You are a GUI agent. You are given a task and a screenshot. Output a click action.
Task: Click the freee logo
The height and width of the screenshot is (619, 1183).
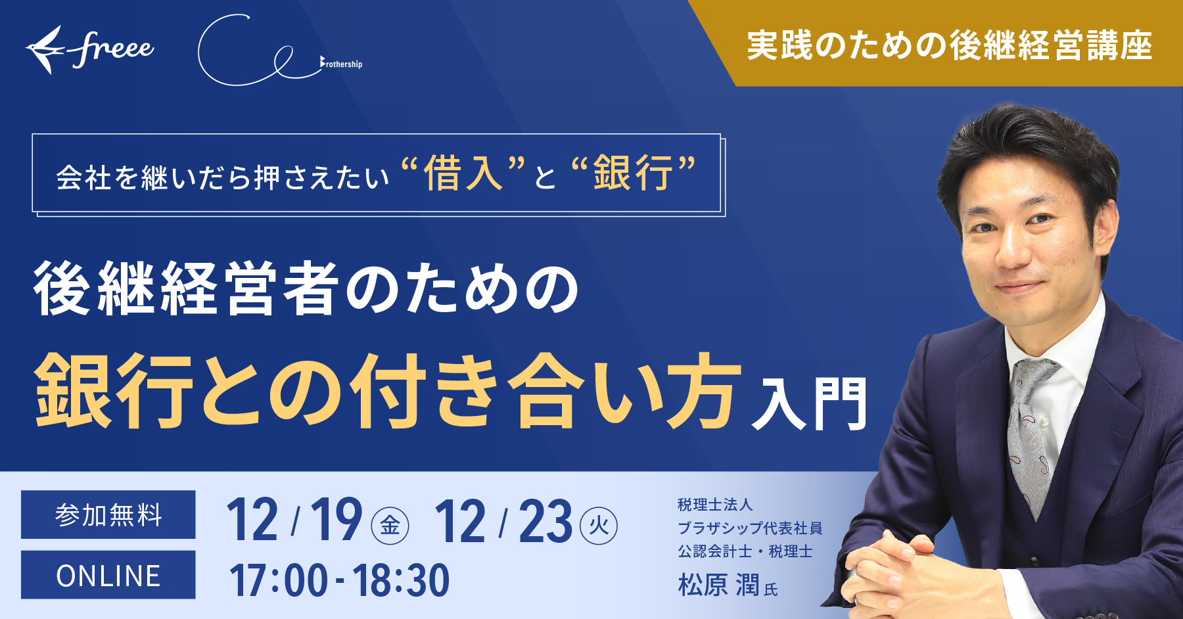coord(90,49)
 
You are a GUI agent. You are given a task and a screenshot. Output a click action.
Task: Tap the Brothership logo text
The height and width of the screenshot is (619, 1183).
coord(342,64)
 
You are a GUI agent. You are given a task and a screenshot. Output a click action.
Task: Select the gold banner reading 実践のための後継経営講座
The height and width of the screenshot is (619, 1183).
coord(949,45)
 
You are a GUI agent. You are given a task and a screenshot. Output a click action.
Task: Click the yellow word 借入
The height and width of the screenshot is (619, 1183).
coord(463,173)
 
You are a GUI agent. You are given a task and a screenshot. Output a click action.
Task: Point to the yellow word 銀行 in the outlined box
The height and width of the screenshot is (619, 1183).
coord(633,173)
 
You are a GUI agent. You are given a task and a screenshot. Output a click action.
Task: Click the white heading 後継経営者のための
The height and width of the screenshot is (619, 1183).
coord(306,288)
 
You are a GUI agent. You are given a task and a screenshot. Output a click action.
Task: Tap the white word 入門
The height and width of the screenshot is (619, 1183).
coord(810,403)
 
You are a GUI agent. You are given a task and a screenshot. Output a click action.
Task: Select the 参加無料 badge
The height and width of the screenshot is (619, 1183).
coord(108,515)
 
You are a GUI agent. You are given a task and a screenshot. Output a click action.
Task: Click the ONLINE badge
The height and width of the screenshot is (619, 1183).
coord(108,576)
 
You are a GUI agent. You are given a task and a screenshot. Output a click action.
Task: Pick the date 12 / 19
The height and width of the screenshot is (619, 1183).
coord(294,521)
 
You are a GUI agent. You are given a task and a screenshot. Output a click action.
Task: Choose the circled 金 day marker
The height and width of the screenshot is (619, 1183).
coord(390,526)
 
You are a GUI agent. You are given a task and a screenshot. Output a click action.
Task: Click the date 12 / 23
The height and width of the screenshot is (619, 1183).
coord(503,521)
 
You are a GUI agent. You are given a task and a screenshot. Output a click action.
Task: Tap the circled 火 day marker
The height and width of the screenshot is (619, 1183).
coord(599,526)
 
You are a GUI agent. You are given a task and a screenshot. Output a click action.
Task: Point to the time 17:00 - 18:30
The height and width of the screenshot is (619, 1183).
coord(339,580)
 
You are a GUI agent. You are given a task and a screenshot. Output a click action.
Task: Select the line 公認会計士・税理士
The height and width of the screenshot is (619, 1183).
coord(745,551)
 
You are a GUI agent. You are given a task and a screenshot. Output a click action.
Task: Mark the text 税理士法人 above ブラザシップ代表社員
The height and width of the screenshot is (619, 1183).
coord(715,505)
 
